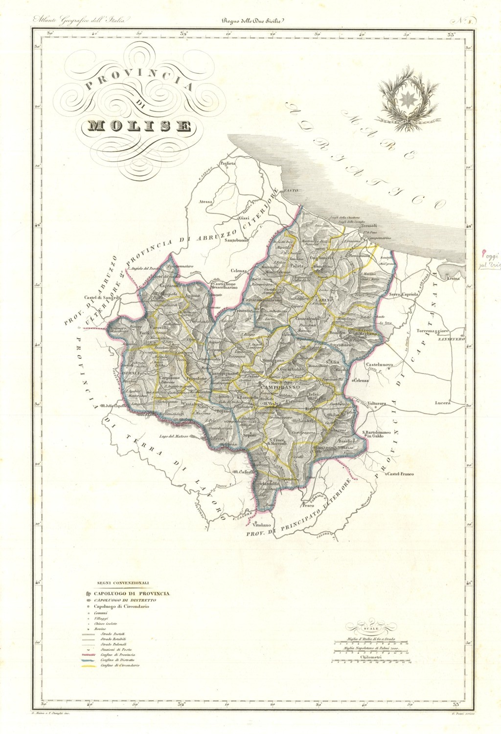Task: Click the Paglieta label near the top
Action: (227, 163)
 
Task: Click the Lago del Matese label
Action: (172, 436)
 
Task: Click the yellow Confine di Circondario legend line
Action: (89, 666)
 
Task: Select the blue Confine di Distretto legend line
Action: (89, 660)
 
